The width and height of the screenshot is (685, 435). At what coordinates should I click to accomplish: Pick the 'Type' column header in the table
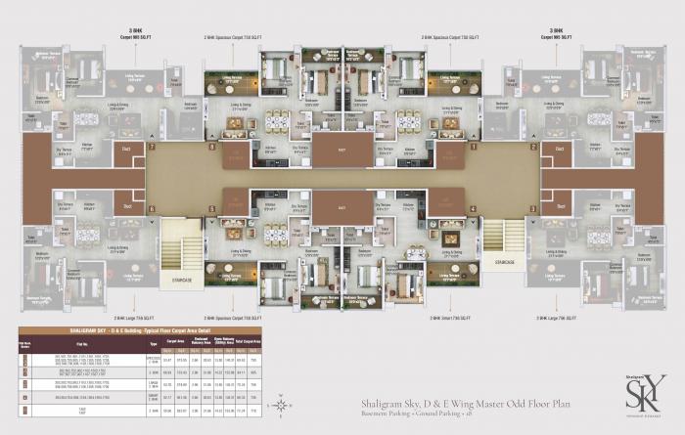tap(153, 345)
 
